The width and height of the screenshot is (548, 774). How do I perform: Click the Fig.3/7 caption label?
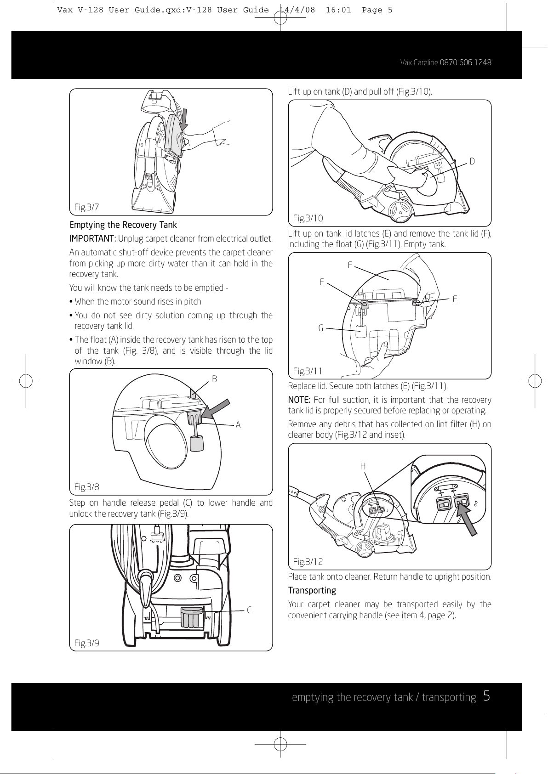click(86, 207)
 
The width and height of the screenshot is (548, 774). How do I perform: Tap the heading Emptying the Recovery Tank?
click(123, 225)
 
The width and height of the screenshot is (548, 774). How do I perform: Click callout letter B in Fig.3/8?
click(214, 379)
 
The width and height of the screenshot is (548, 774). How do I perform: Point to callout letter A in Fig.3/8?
click(238, 425)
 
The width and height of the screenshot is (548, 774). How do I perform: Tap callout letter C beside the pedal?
click(249, 610)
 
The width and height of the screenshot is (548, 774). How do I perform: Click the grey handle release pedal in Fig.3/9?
click(192, 617)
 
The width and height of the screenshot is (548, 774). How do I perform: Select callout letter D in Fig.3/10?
click(472, 162)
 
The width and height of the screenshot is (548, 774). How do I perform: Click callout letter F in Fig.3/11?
click(350, 265)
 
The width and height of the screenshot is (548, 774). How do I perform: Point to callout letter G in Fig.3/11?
click(321, 328)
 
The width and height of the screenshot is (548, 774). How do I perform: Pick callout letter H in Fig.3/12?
click(363, 467)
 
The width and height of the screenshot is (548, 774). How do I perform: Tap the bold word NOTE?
click(299, 400)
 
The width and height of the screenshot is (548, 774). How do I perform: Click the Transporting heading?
click(312, 591)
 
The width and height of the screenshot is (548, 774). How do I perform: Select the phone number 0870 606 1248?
click(465, 62)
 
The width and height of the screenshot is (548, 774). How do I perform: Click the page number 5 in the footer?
click(486, 696)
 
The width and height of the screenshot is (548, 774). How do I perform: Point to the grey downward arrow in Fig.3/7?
click(184, 119)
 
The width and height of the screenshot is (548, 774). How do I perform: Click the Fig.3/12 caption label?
click(308, 562)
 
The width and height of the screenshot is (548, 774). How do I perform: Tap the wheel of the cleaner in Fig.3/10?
click(400, 211)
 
